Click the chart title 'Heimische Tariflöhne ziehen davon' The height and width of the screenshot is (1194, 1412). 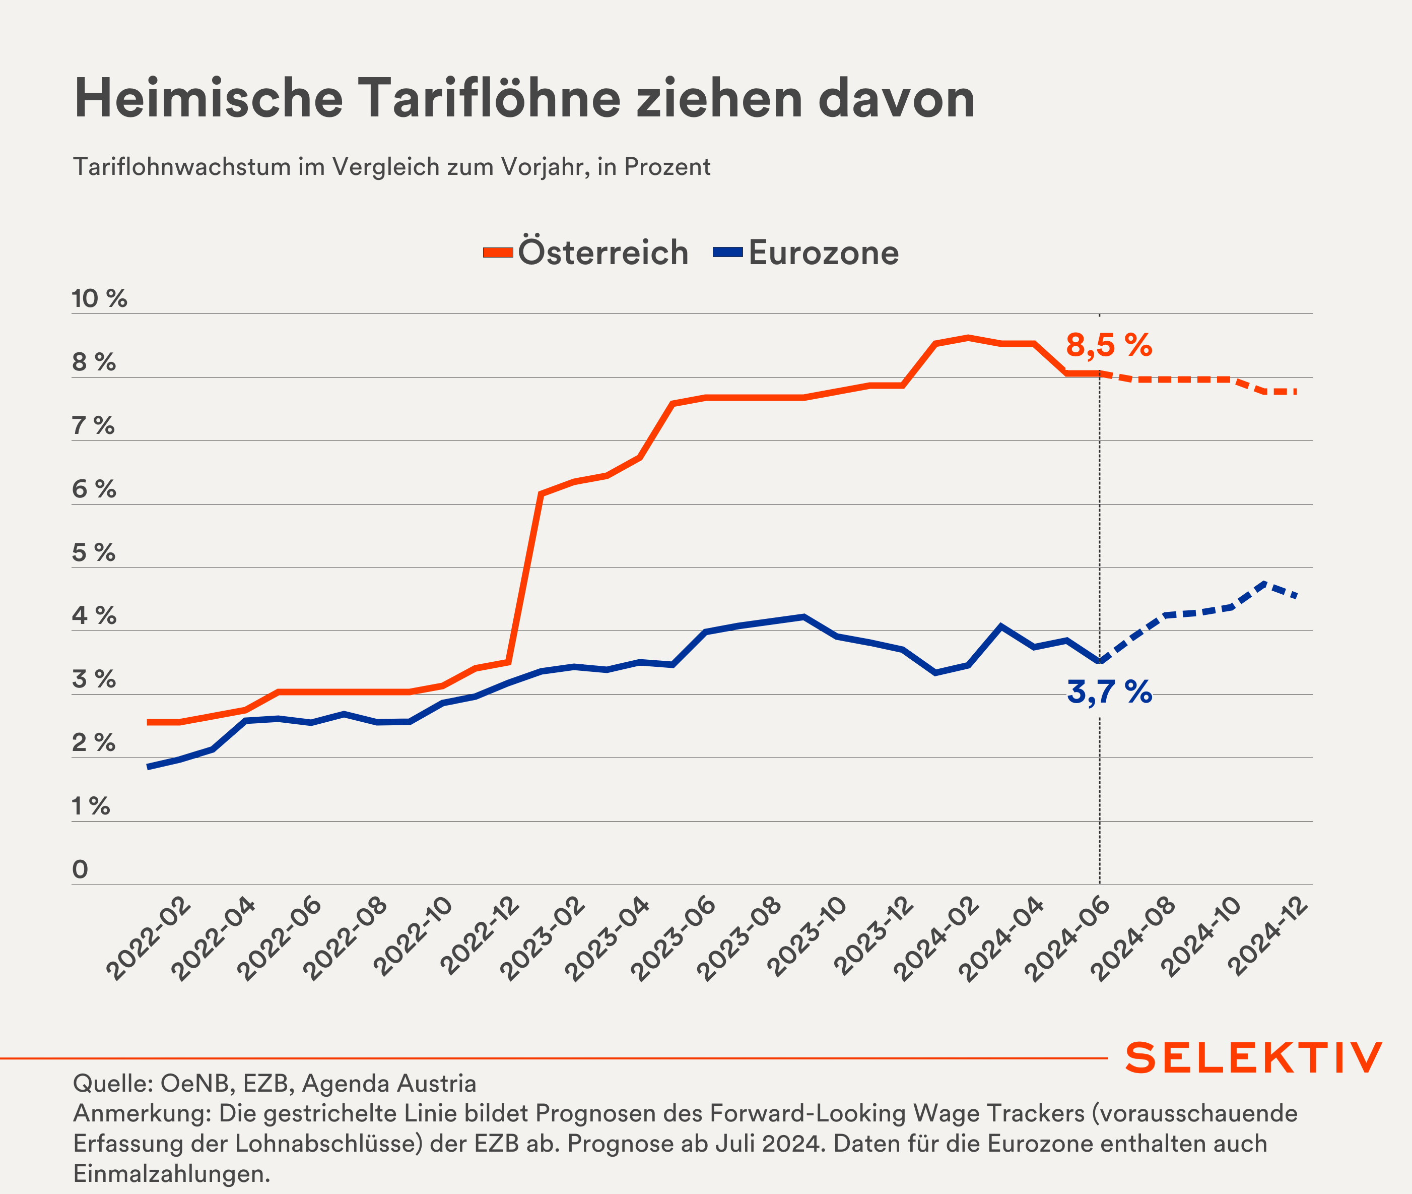pyautogui.click(x=524, y=99)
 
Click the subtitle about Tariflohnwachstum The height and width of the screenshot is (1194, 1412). pyautogui.click(x=391, y=166)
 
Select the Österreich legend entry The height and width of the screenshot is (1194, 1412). pyautogui.click(x=586, y=253)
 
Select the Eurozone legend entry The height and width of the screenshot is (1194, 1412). pyautogui.click(x=806, y=253)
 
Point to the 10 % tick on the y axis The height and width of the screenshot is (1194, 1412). pyautogui.click(x=99, y=298)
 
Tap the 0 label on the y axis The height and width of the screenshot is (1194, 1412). pyautogui.click(x=80, y=869)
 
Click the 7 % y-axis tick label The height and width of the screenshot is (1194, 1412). pyautogui.click(x=93, y=426)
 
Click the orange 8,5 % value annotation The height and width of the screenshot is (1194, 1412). pyautogui.click(x=1108, y=345)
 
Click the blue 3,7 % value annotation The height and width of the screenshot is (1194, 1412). pyautogui.click(x=1109, y=692)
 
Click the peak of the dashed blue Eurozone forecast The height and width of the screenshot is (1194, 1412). pyautogui.click(x=1264, y=583)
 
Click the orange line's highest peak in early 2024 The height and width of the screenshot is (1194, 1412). pyautogui.click(x=968, y=337)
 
